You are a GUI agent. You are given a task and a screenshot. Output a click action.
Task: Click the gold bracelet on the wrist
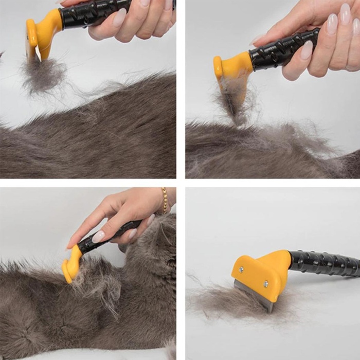[165, 200]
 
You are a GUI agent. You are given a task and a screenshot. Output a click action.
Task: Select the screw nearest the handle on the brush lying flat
[265, 283]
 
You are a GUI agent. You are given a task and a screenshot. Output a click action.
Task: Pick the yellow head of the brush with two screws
[262, 273]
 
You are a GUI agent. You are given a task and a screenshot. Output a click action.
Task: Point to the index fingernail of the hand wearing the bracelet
[98, 237]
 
